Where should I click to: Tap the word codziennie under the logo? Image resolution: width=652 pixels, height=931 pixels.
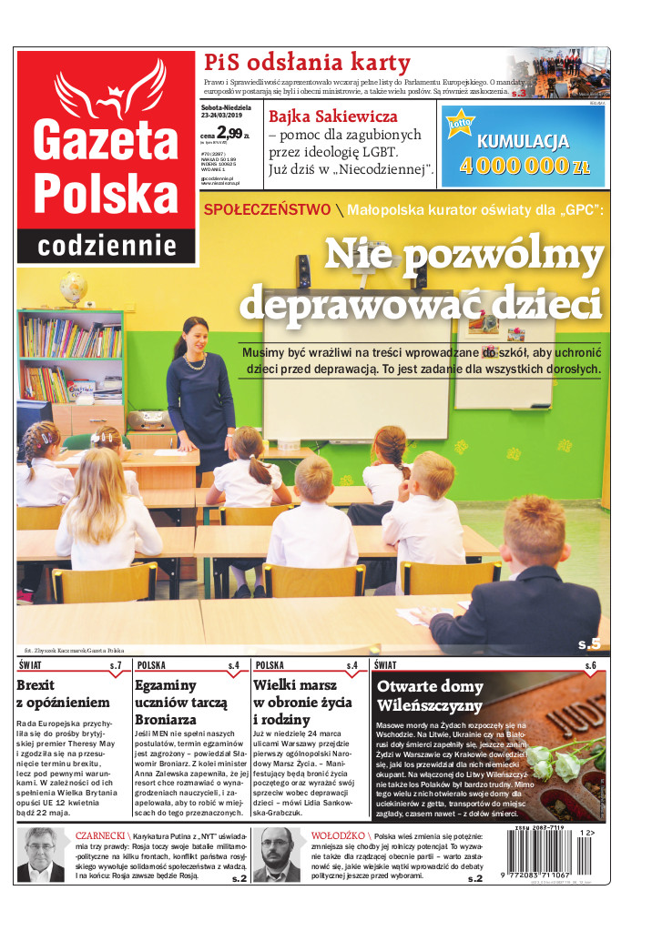(x=107, y=245)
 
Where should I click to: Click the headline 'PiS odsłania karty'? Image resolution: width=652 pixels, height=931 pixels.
(x=307, y=63)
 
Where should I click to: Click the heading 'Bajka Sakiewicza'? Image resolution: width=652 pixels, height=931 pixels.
(x=332, y=116)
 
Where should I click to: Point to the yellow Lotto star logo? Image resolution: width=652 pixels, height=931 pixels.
(x=461, y=124)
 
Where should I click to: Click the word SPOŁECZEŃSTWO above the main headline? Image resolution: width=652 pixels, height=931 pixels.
(x=267, y=209)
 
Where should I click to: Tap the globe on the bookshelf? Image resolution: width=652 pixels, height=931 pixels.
(x=73, y=289)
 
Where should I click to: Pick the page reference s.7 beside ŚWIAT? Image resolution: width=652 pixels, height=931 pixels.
(x=116, y=666)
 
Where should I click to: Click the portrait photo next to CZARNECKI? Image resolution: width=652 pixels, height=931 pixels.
(x=44, y=855)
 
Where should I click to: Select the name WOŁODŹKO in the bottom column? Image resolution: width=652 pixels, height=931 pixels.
(x=339, y=835)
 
